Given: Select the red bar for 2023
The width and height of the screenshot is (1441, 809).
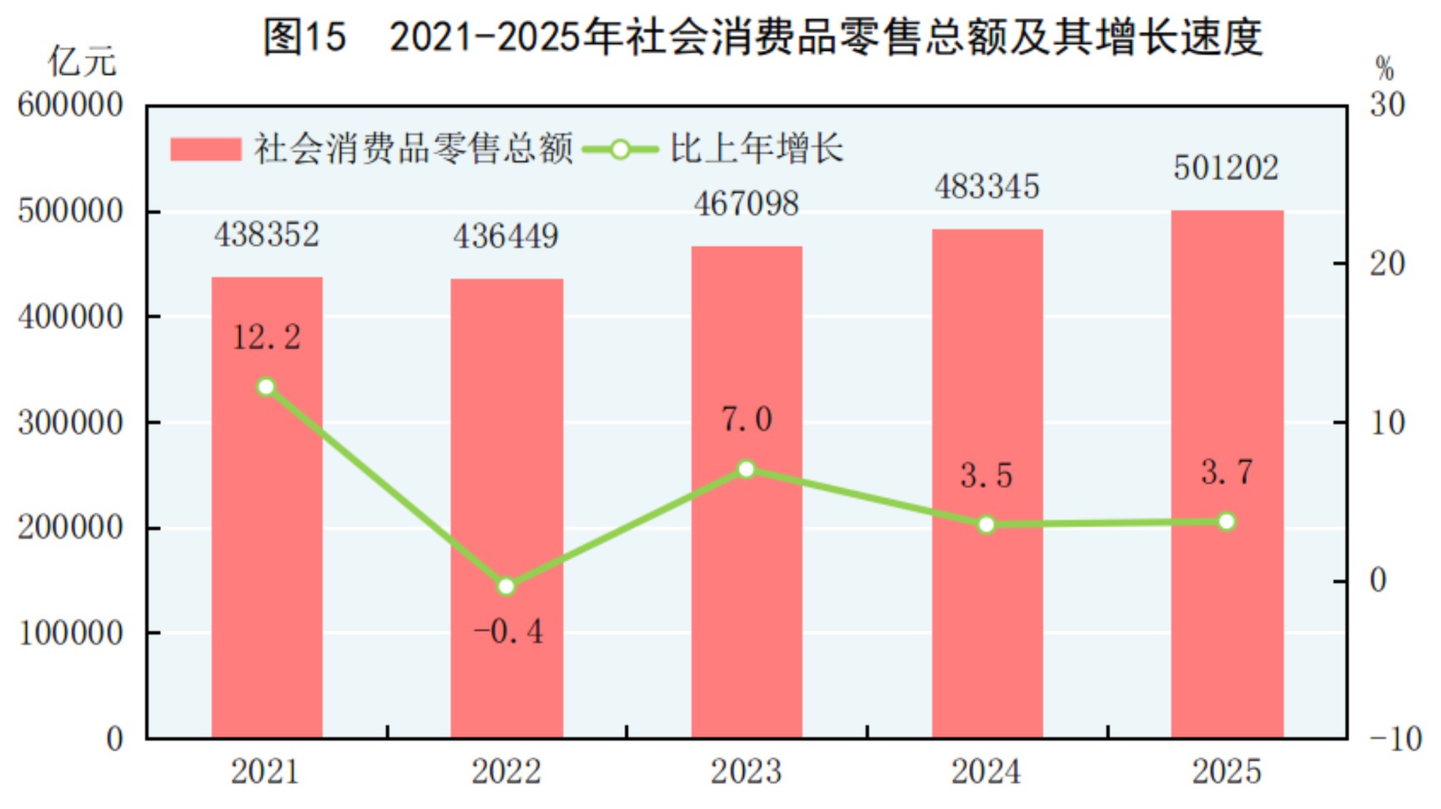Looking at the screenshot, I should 746,584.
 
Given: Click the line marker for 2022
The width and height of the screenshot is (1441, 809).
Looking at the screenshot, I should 506,586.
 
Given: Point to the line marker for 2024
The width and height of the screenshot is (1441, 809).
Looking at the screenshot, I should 987,525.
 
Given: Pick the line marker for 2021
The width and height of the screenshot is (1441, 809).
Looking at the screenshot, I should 267,387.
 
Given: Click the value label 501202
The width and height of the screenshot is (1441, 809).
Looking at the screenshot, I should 1226,168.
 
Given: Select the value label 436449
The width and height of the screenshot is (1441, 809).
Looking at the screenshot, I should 505,237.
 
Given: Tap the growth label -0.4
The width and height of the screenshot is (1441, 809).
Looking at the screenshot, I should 509,632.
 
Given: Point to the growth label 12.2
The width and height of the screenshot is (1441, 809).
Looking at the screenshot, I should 267,338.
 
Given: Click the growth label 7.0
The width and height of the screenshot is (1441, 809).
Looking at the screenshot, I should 746,419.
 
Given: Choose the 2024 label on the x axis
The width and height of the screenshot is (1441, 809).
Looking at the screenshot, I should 986,771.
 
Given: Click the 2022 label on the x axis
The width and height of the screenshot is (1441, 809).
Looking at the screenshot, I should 505,771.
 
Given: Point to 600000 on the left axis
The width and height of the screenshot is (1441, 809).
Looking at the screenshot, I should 71,106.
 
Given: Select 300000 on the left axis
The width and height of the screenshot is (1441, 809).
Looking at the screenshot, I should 71,423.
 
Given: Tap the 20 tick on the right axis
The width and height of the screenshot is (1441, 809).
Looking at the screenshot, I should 1388,264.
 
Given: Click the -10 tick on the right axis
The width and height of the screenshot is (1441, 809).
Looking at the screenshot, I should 1395,739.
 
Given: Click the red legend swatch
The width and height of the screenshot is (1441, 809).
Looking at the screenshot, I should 205,149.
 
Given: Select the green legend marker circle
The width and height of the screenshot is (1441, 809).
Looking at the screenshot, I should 620,150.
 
